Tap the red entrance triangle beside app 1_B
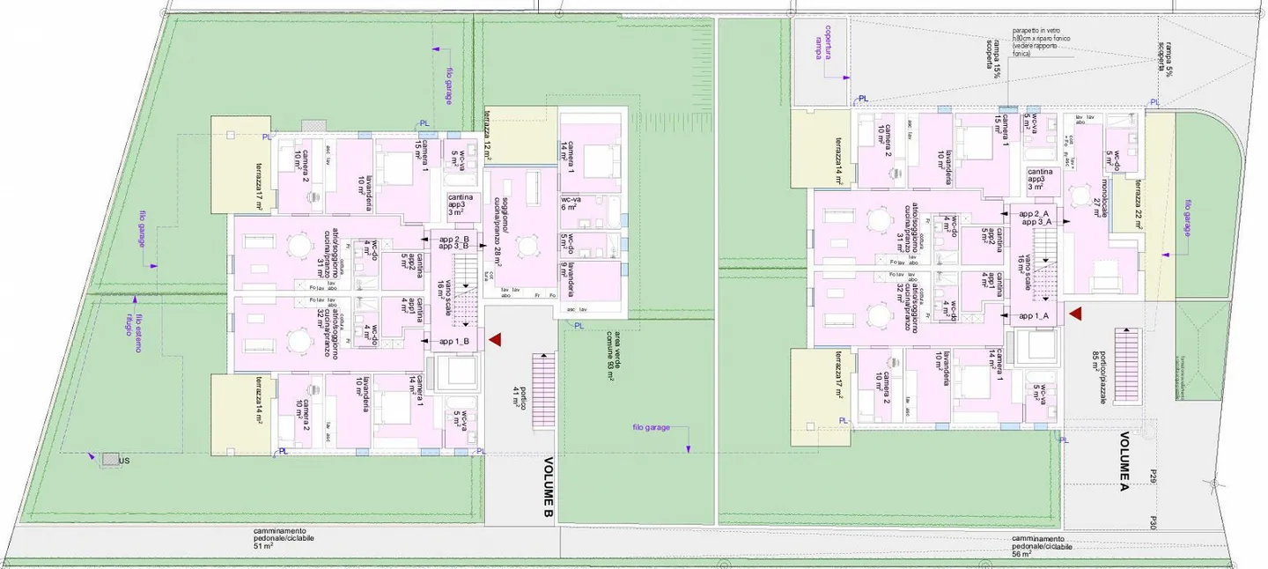click(x=495, y=339)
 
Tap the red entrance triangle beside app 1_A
click(x=1074, y=312)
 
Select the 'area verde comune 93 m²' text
click(x=612, y=356)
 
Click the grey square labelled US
click(x=108, y=459)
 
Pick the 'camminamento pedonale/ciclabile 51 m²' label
click(x=284, y=538)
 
